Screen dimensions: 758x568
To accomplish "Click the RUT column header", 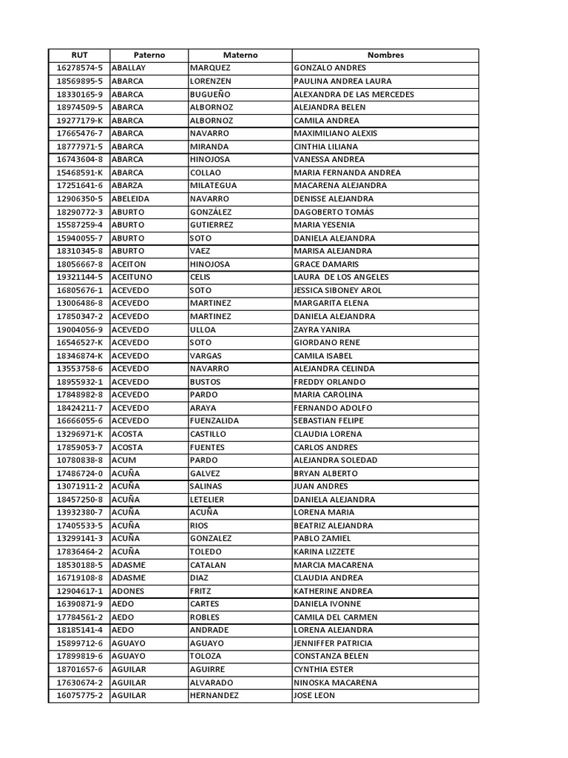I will point(79,55).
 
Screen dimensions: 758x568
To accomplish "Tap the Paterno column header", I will point(149,55).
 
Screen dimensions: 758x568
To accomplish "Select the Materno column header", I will point(240,55).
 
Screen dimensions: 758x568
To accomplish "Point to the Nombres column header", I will point(385,55).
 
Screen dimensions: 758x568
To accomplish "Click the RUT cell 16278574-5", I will point(79,68).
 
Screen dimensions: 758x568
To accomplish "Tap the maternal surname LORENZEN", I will point(211,81).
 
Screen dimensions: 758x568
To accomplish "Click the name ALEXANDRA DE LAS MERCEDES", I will point(354,94).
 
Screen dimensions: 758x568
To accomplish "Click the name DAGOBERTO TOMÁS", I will point(334,212).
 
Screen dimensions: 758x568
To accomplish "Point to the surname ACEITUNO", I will point(132,277).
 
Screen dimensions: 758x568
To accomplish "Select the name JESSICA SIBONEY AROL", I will point(338,290).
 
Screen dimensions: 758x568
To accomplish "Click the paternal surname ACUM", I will point(124,460).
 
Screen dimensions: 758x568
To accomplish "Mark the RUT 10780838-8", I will point(79,460).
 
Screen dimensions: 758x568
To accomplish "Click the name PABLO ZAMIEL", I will point(322,538).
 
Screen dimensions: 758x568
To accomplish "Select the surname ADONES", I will point(128,591).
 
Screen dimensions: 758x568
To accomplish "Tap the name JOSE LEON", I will point(314,696).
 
